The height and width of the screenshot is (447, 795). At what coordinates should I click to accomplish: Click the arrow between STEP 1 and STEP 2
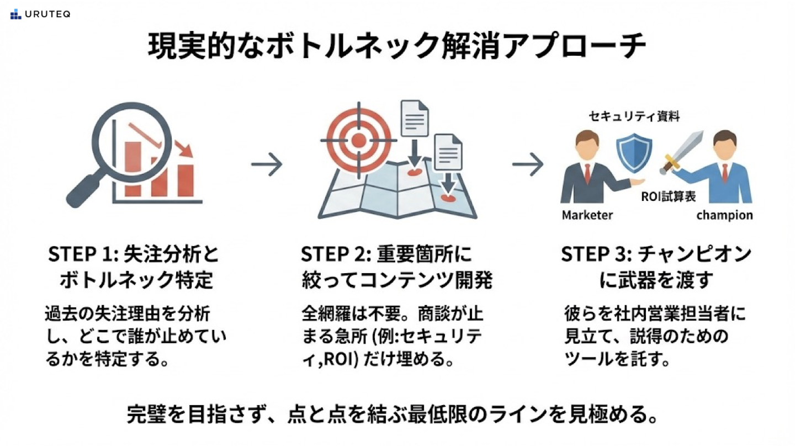click(x=267, y=164)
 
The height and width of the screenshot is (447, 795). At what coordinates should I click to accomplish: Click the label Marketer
click(x=587, y=215)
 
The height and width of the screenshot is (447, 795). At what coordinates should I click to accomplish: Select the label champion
click(x=724, y=215)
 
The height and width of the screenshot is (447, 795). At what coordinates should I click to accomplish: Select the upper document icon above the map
click(x=415, y=118)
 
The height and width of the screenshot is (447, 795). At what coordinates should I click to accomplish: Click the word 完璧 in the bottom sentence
click(x=145, y=415)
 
